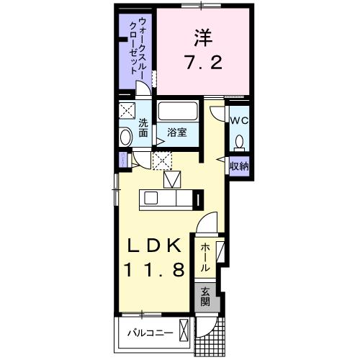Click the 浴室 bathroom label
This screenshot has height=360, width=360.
178,132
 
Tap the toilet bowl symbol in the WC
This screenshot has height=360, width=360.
240,141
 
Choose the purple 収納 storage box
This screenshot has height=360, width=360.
239,166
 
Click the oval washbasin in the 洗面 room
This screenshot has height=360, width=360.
125,137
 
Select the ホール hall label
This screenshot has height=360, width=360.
205,257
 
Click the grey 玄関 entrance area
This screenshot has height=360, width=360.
204,297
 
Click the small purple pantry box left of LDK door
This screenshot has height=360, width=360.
124,159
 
